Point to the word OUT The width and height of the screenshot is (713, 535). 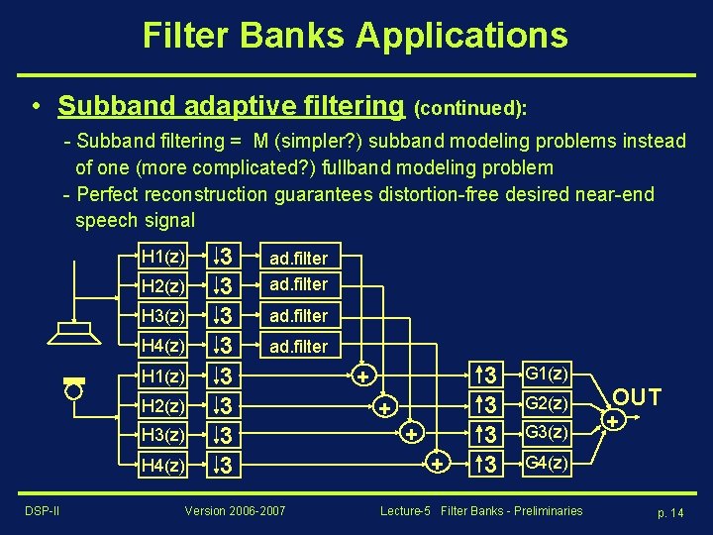point(637,398)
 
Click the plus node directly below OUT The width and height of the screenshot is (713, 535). point(614,421)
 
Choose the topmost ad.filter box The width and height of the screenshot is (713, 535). point(298,258)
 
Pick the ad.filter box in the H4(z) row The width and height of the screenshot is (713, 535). point(298,346)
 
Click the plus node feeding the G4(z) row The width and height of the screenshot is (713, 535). point(436,463)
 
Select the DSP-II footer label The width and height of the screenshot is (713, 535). point(41,510)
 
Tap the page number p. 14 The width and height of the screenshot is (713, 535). point(670,511)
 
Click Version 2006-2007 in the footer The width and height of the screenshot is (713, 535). point(235,510)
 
